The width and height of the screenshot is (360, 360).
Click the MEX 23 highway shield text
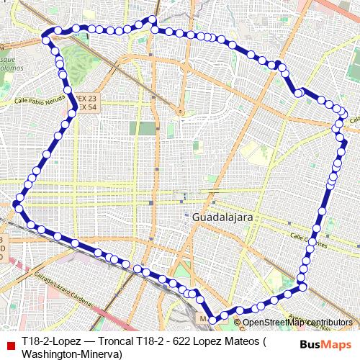(x=87, y=99)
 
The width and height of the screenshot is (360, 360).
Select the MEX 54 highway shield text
(x=87, y=107)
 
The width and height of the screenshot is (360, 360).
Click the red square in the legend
(x=9, y=341)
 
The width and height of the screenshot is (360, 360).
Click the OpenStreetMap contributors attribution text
(x=297, y=322)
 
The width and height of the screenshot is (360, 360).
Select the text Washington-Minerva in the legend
(x=71, y=353)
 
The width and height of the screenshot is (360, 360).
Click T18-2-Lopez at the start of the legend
(x=50, y=341)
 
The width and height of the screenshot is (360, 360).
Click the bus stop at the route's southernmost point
(x=212, y=320)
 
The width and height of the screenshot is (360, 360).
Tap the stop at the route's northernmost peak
(x=152, y=19)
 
